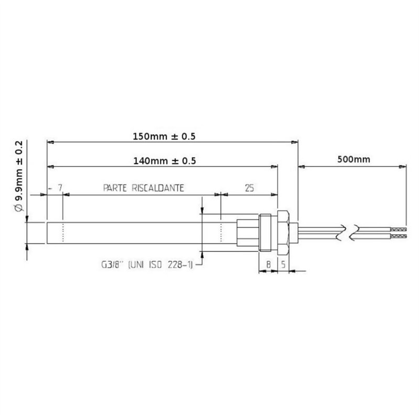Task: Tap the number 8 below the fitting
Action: click(x=268, y=266)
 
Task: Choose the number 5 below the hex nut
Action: click(x=283, y=266)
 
